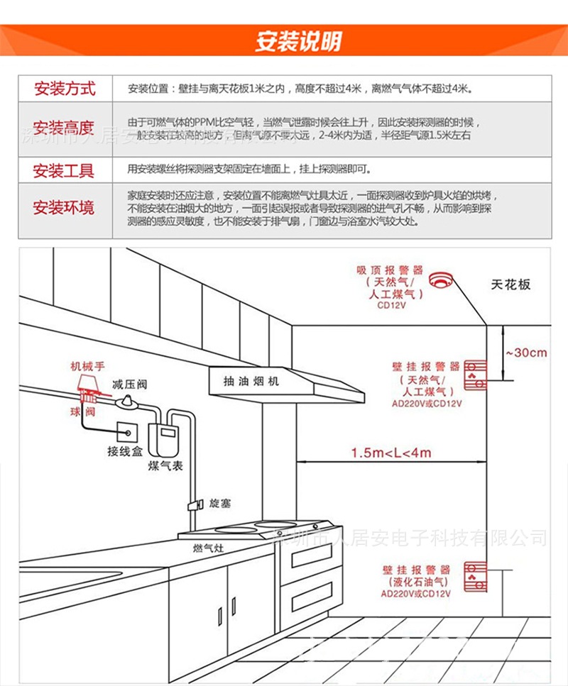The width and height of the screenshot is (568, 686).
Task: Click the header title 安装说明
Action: [298, 41]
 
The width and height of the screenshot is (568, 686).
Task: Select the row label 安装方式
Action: [65, 89]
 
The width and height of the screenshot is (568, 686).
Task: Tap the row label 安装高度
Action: [65, 128]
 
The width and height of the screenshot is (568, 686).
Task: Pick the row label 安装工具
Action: [65, 170]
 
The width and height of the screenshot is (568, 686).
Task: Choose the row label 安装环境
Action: [65, 208]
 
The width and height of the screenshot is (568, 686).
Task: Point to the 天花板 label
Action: [511, 284]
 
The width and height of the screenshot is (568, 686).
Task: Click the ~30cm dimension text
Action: [526, 353]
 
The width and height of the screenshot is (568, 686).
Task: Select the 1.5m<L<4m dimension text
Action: [391, 453]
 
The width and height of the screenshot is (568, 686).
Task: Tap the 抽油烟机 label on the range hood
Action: [251, 381]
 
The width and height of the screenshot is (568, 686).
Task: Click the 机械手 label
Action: [87, 367]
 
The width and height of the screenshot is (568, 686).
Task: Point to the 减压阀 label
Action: [129, 385]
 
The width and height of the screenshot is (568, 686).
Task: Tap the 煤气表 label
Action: [165, 465]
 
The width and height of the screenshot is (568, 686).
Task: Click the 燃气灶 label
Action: [209, 548]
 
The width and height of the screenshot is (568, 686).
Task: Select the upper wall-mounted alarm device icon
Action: [474, 375]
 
